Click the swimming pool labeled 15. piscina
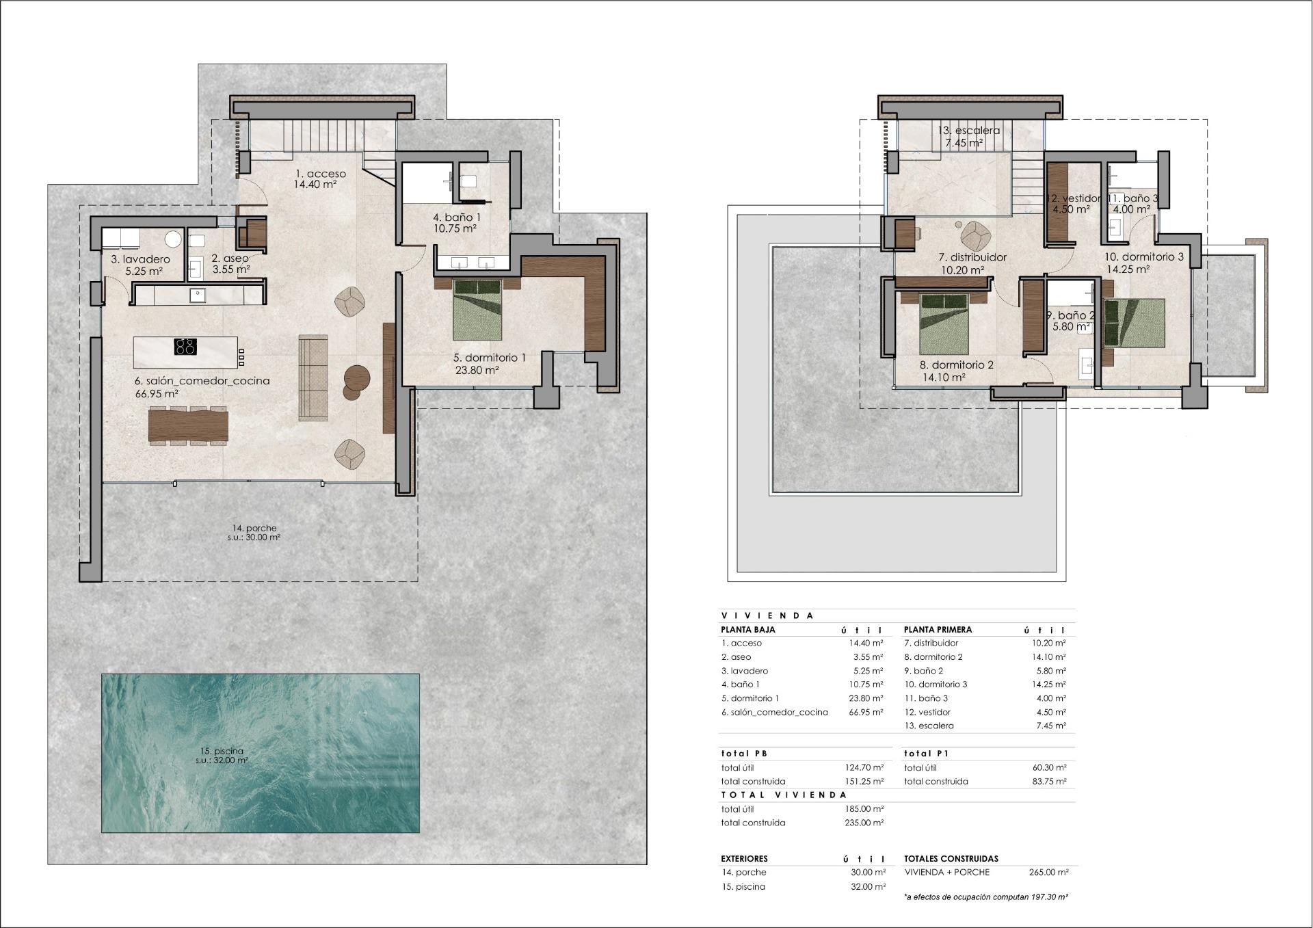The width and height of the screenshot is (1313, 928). click(260, 752)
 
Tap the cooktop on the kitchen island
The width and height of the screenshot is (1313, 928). click(185, 347)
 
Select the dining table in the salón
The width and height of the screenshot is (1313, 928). click(188, 424)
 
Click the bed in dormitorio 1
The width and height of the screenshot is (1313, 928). click(477, 309)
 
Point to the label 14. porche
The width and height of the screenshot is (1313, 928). click(254, 528)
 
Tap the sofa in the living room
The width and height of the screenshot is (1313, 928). click(313, 377)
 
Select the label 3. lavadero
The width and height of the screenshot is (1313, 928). click(140, 259)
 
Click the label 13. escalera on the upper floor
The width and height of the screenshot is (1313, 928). click(968, 131)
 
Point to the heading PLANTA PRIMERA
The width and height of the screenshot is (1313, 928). click(938, 629)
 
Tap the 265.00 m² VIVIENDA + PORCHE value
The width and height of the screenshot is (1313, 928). click(1048, 872)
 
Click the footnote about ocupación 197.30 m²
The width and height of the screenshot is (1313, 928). click(985, 896)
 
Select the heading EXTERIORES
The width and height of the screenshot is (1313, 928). click(744, 858)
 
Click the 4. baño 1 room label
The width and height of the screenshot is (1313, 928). click(455, 217)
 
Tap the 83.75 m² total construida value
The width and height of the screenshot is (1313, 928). click(1048, 781)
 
